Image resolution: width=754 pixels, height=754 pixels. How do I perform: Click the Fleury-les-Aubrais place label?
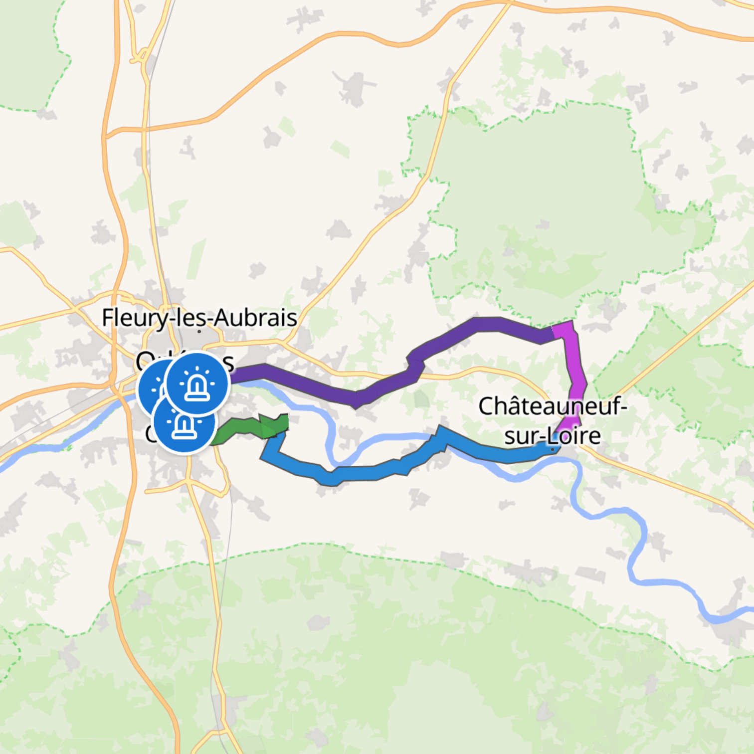point(199,318)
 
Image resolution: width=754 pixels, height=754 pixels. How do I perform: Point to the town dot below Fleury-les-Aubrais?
point(199,331)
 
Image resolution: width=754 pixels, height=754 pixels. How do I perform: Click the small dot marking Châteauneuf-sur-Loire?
point(552,449)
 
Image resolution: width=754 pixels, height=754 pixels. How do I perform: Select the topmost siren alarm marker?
point(196,383)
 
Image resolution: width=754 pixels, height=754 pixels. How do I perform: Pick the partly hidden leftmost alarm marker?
point(150,389)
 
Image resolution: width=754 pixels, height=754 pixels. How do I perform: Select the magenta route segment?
point(576,379)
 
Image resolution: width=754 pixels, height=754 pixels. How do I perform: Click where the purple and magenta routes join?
point(554,333)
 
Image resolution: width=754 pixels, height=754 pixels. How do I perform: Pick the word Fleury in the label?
point(135,318)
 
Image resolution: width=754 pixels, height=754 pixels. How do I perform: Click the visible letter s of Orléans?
point(229,364)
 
